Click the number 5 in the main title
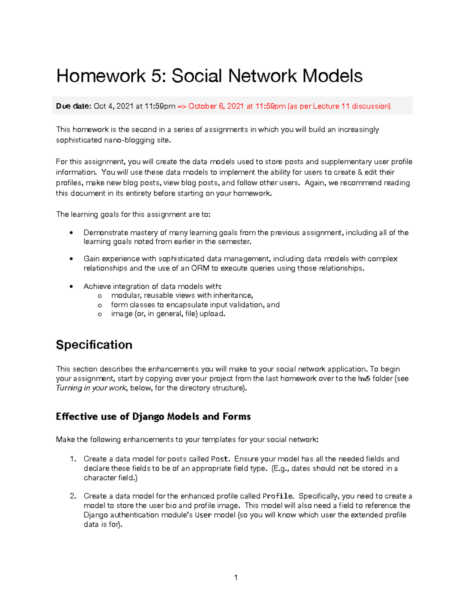[x=156, y=76]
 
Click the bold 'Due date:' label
[x=73, y=106]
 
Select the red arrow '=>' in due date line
[x=182, y=106]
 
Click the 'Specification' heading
[x=94, y=344]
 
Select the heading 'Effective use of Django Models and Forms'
[x=153, y=416]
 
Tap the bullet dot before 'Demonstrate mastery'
[x=71, y=233]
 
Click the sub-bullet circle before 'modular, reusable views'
[x=100, y=296]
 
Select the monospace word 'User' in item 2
[x=203, y=515]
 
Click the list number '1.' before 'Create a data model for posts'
[x=73, y=459]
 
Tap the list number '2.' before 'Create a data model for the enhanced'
[x=73, y=496]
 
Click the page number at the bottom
[x=235, y=577]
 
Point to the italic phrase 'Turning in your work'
[x=91, y=388]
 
